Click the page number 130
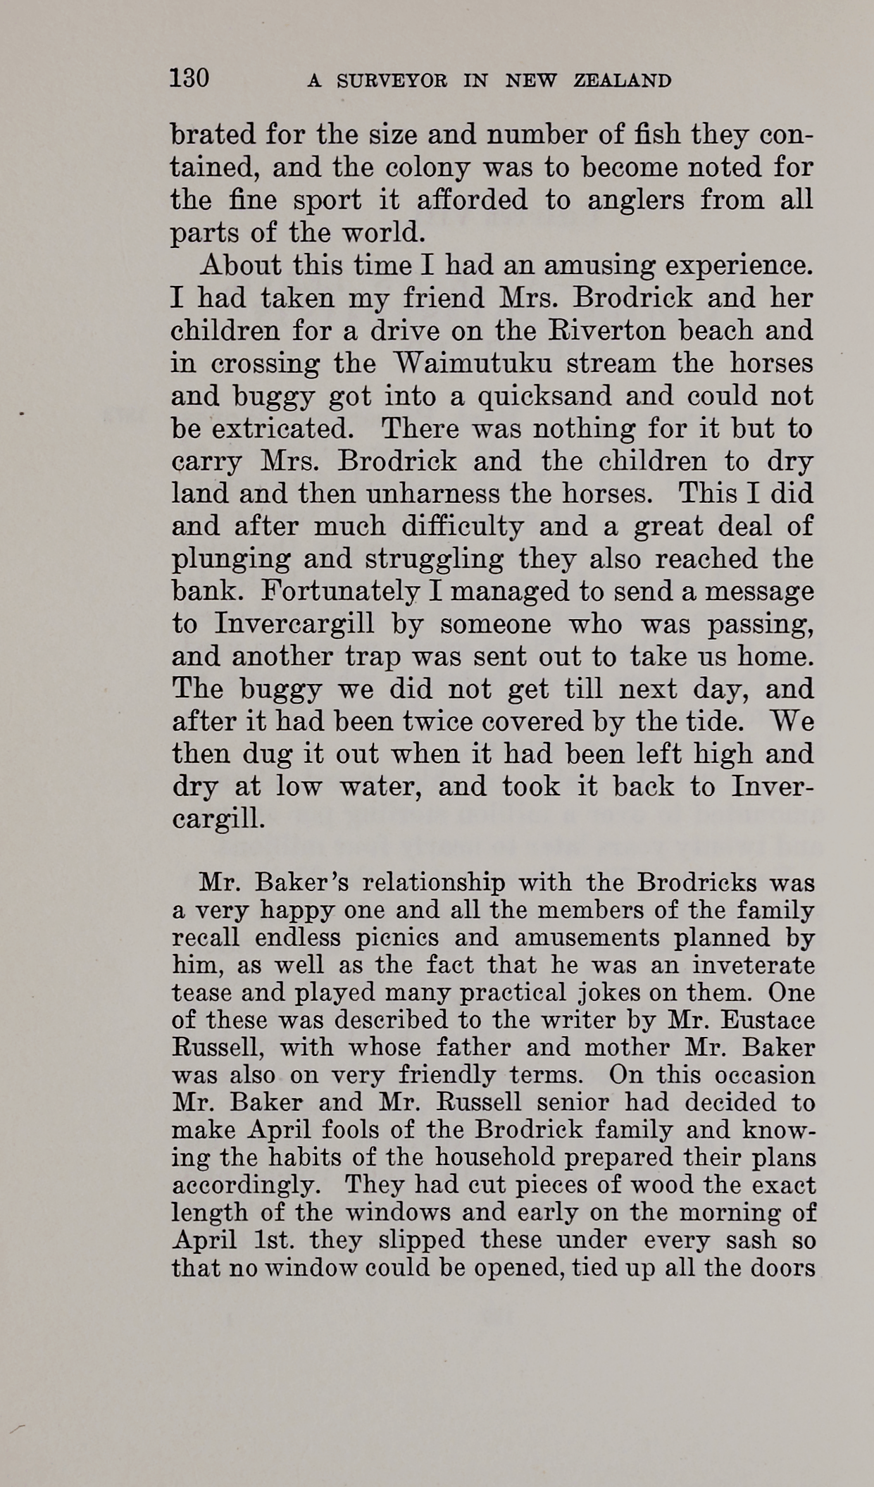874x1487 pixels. tap(189, 77)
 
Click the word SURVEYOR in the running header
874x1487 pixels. tap(392, 81)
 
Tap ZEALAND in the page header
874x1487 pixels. tap(623, 81)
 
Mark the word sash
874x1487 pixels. tap(755, 1240)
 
